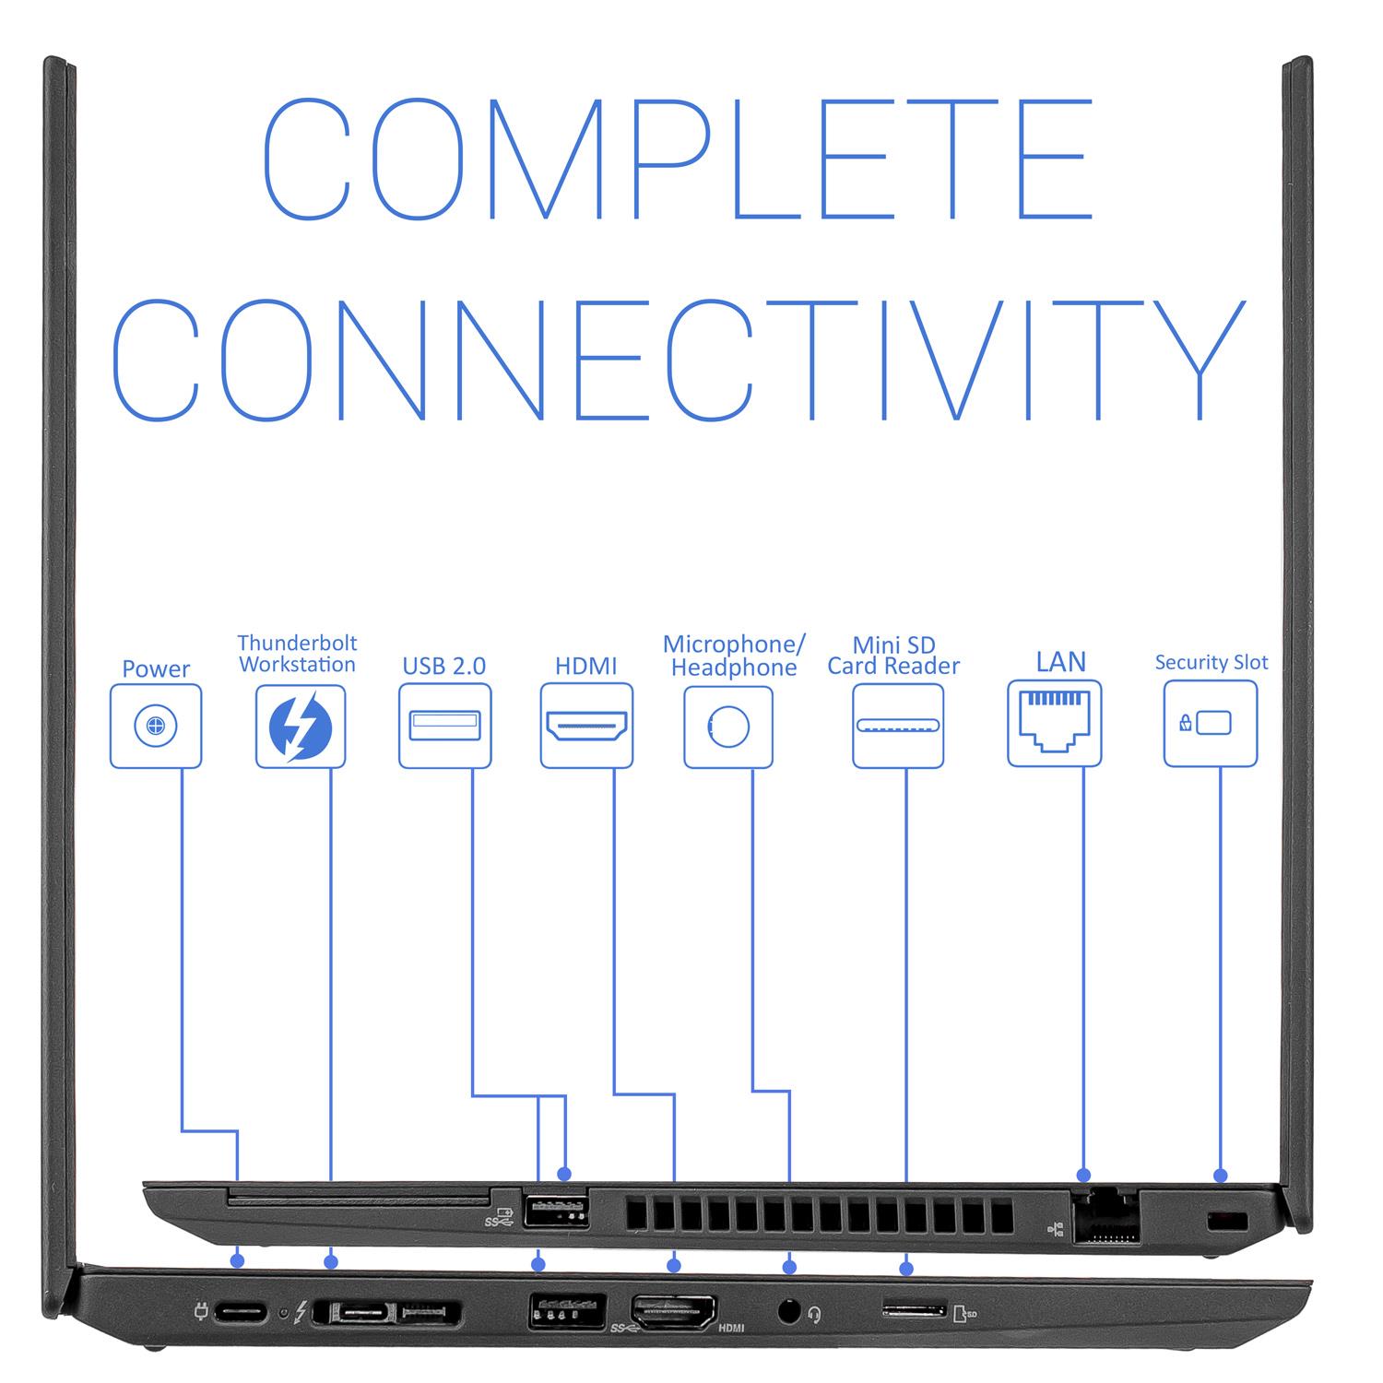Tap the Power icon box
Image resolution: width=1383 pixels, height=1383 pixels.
(156, 726)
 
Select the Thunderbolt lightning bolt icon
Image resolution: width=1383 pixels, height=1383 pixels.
(301, 726)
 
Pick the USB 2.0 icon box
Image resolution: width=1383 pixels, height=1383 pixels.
(444, 726)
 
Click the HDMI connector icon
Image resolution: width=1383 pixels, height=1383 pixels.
(586, 726)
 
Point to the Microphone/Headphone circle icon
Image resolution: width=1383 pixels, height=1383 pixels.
(728, 727)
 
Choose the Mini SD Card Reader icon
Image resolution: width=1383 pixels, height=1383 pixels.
(898, 726)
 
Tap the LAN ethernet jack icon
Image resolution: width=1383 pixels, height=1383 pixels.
(1055, 723)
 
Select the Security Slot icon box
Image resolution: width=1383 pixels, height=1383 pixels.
(1211, 724)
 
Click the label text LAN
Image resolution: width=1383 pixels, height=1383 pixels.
(1060, 661)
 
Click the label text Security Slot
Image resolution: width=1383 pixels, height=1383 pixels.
(1211, 662)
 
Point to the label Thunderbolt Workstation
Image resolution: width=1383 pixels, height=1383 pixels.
(297, 653)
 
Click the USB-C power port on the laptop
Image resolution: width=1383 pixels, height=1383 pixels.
(241, 1311)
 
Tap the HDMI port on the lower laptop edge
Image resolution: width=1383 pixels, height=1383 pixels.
(673, 1310)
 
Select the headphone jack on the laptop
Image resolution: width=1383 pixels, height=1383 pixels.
(788, 1310)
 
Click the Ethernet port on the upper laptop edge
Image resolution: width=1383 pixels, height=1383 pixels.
(1105, 1217)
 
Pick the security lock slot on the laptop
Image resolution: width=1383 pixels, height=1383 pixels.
(1227, 1222)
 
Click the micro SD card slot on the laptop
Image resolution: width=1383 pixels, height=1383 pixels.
(915, 1308)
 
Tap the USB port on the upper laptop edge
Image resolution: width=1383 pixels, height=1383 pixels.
(556, 1209)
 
